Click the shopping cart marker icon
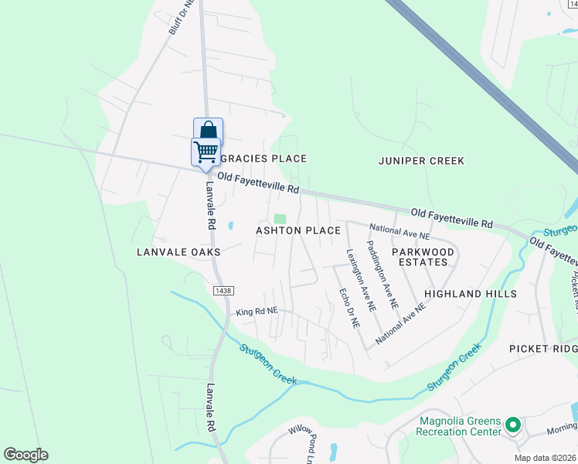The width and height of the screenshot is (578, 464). [206, 152]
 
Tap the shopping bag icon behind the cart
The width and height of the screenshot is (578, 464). [208, 129]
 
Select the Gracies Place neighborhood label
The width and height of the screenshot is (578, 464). [263, 159]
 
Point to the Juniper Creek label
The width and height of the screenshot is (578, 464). [421, 161]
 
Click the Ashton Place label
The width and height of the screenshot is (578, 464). [298, 230]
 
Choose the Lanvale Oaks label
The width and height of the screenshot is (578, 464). [178, 252]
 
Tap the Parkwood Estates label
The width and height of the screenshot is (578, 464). [422, 257]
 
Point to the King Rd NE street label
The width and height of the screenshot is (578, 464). [256, 311]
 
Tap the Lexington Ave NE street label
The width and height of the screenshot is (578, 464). [361, 280]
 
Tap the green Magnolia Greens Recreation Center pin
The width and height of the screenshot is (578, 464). [512, 424]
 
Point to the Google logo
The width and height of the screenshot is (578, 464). [25, 455]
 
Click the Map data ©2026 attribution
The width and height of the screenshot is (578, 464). [546, 458]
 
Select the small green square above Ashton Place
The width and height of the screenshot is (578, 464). [280, 219]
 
